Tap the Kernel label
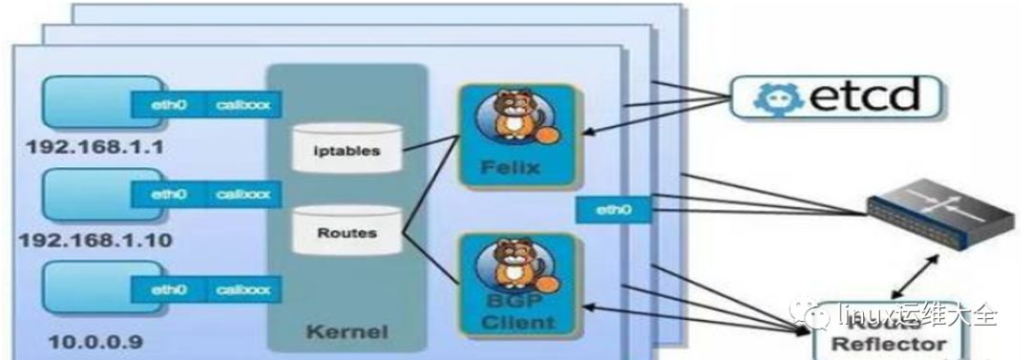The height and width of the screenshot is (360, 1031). [347, 332]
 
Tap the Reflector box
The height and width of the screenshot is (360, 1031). [887, 339]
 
